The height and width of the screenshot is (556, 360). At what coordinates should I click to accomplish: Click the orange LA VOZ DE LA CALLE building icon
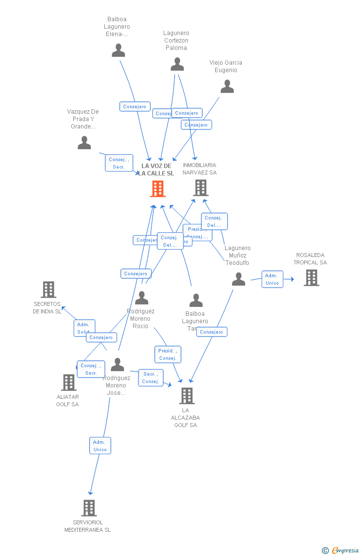point(158,189)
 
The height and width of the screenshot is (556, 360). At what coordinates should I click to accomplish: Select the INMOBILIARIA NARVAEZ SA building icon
point(200,188)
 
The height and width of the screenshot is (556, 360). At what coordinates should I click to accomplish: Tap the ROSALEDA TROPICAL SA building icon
point(311,278)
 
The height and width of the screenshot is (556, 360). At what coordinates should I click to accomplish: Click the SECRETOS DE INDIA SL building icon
point(48,290)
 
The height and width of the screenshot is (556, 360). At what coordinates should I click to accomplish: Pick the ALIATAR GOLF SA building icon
point(68,383)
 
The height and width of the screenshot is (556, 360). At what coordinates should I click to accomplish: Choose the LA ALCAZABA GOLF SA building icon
point(186,396)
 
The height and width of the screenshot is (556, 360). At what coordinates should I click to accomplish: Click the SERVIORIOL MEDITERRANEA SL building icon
point(89,508)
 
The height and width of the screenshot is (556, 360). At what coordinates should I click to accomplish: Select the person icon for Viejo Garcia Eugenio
point(227,86)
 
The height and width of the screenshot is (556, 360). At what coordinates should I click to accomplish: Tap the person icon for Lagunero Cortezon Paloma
point(177,64)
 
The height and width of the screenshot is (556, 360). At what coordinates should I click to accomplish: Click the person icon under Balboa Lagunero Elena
point(118,50)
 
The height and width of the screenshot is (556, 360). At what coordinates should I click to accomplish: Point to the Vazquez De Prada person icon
point(85,143)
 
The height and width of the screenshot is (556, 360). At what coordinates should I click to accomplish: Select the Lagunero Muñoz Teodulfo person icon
point(238,279)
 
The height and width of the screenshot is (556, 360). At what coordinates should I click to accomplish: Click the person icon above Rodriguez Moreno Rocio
point(142,298)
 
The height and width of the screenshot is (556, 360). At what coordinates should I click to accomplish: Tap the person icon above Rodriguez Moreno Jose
point(117,365)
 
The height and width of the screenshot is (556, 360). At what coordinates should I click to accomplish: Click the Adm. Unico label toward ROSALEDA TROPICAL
point(272,279)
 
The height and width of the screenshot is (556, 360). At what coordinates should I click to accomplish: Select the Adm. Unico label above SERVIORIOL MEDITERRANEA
point(100,445)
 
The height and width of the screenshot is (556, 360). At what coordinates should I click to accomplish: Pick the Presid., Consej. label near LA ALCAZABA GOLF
point(168,354)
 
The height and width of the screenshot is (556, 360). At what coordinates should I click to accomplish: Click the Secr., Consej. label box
point(150,378)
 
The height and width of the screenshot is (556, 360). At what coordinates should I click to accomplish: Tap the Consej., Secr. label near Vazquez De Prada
point(119,163)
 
